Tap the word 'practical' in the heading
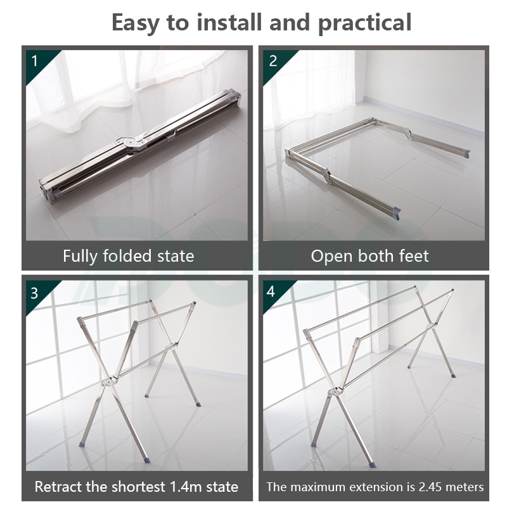coord(365,23)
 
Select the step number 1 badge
coord(35,61)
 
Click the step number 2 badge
coord(273,61)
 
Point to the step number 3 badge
coord(34,293)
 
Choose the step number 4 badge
coord(271,292)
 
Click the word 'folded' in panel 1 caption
coord(127,256)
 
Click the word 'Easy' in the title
coord(136,23)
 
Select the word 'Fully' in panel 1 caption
coord(80,256)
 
